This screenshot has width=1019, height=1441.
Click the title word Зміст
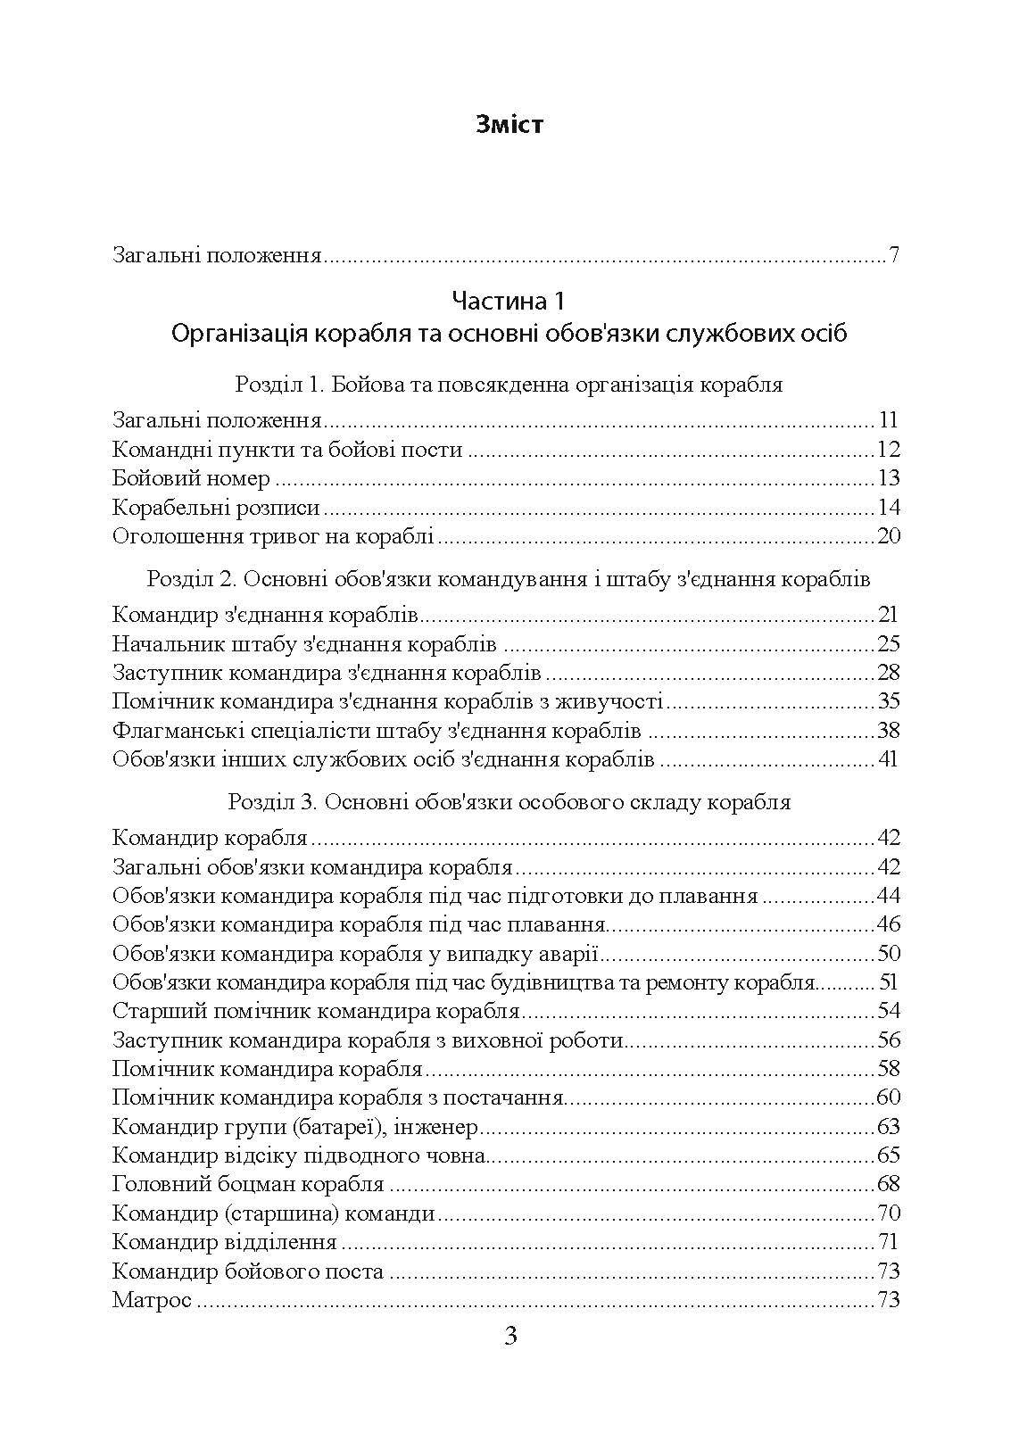(x=509, y=124)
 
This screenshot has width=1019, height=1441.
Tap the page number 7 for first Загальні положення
(x=893, y=257)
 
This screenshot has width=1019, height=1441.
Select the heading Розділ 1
(x=509, y=385)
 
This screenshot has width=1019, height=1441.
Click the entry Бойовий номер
(x=192, y=479)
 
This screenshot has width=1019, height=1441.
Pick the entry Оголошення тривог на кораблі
(x=274, y=537)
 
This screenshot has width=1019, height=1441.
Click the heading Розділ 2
(x=509, y=579)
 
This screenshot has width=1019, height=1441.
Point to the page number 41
(x=887, y=760)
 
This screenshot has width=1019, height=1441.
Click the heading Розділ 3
(x=509, y=802)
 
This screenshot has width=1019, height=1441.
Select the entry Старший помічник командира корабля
(x=317, y=1012)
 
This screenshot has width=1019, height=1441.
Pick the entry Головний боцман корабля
(x=249, y=1185)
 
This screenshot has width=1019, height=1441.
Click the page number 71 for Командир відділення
(x=887, y=1242)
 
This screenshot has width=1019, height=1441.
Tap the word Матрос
(x=153, y=1300)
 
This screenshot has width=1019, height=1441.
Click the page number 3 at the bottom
(x=510, y=1337)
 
